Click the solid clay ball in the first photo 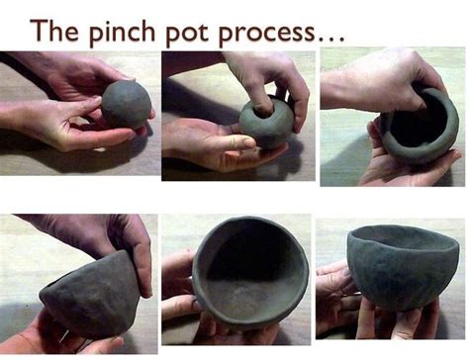[127, 104]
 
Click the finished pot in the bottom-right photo [401, 267]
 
